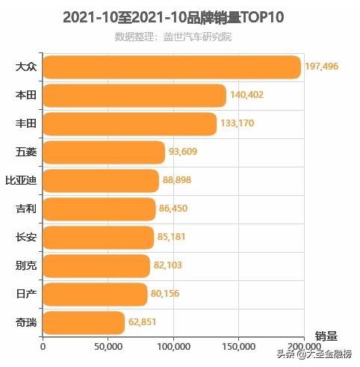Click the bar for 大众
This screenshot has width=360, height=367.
172,67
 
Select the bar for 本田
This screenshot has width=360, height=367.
134,96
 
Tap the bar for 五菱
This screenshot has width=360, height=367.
104,152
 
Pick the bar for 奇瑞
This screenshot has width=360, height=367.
84,323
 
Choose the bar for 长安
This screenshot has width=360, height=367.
98,238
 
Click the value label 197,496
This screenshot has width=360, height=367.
322,67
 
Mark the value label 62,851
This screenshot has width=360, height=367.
145,323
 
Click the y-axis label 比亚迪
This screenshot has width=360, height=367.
21,181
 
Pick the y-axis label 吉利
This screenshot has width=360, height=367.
25,209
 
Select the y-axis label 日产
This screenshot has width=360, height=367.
25,294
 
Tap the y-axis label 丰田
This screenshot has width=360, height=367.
25,124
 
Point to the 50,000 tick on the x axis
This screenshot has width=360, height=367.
108,347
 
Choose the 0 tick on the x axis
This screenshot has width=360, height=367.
43,347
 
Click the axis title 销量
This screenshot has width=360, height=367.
326,336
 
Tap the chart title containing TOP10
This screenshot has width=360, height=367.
173,17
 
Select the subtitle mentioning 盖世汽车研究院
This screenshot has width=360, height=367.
173,37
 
